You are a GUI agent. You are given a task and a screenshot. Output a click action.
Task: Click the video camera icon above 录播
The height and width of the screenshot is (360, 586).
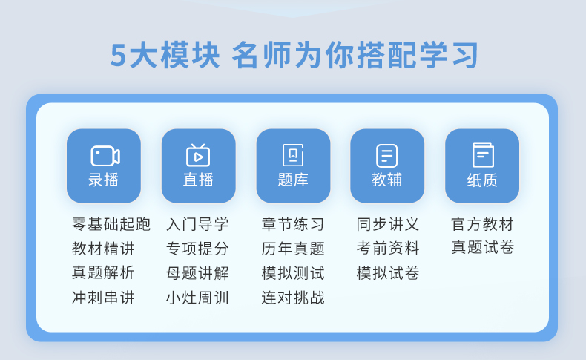coord(105,156)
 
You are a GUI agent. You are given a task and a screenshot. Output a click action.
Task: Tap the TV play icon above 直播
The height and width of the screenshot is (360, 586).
coord(198,155)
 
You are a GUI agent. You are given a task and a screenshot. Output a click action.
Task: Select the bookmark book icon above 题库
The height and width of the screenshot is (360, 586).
coord(293,155)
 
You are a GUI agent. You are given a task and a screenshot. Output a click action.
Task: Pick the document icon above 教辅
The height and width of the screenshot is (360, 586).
coord(386,156)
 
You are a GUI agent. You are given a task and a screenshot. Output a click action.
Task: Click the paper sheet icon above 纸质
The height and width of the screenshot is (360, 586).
coord(483,154)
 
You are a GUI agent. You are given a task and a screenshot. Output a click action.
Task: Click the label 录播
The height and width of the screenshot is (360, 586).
coord(104,180)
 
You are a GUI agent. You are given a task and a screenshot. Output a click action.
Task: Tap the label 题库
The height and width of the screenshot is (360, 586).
coord(293,180)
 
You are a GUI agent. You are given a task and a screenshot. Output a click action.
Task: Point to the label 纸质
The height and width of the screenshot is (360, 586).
coord(482,180)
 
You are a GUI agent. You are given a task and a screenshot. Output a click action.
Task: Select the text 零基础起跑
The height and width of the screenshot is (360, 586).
coord(111,224)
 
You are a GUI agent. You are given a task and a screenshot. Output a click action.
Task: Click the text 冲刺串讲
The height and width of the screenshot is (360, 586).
coord(103,298)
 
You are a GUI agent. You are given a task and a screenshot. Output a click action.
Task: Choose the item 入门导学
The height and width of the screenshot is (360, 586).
coord(197,224)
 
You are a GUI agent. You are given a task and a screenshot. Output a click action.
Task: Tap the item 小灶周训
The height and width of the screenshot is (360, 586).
coord(197,298)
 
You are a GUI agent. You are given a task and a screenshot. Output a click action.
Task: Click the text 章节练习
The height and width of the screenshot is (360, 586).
coord(293,224)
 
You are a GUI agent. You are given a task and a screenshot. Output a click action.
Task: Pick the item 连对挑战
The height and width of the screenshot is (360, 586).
coord(293,298)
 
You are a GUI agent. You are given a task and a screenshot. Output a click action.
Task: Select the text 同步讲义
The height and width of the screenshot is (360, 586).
coord(388,224)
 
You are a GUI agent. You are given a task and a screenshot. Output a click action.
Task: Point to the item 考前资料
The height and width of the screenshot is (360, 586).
coord(388,248)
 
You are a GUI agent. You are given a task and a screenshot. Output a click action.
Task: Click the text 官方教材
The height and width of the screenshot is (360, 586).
coord(482,224)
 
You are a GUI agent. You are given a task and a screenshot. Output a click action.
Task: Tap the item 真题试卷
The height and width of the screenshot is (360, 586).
coord(482,247)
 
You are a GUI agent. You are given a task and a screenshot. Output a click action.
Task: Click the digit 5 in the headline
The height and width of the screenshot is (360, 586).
coord(119,56)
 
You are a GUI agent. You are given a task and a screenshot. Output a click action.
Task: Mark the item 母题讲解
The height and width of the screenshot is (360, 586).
coord(197,273)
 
